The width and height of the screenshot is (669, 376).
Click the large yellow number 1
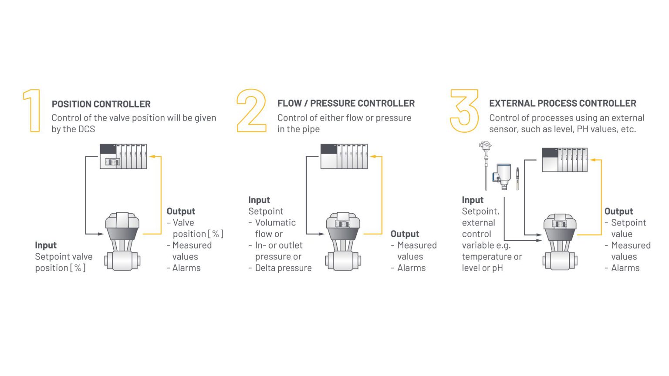[x=32, y=111]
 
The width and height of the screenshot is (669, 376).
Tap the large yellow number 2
[x=251, y=111]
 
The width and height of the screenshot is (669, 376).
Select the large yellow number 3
[x=464, y=111]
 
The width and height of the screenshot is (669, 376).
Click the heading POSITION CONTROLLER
[x=101, y=104]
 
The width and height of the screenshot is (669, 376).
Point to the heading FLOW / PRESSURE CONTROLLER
[x=346, y=103]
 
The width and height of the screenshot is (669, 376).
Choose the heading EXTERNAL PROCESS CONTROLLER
[x=562, y=103]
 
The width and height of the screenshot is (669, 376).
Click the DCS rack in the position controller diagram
[x=123, y=156]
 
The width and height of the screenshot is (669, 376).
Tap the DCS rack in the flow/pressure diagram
[x=344, y=156]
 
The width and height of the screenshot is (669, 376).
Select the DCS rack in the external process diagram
[x=564, y=160]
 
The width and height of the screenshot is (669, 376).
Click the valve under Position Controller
[x=122, y=242]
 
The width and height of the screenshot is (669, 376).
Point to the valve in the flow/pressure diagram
[x=343, y=242]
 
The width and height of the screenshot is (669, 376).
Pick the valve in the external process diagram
[x=560, y=242]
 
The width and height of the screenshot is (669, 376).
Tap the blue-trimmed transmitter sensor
[x=503, y=176]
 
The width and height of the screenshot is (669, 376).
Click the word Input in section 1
[x=46, y=245]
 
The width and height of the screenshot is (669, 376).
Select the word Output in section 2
[x=405, y=234]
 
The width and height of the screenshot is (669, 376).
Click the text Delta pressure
[x=283, y=268]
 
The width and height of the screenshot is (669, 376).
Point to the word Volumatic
[x=275, y=222]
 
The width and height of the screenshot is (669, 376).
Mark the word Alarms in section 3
[x=625, y=268]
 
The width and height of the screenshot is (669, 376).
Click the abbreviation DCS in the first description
[x=86, y=129]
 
